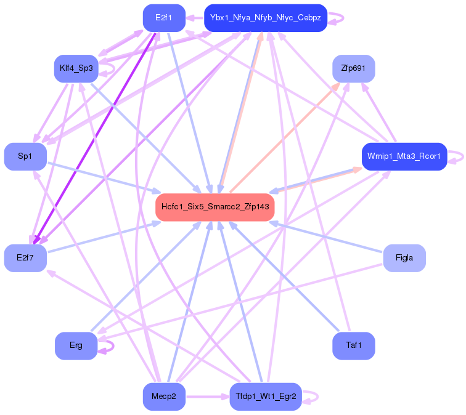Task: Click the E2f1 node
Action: (x=163, y=18)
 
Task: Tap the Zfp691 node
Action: (x=353, y=68)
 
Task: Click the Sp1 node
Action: (x=25, y=156)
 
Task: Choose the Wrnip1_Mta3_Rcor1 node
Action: (x=404, y=156)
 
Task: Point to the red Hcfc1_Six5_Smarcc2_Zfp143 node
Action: (x=215, y=207)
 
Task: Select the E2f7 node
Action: (x=25, y=257)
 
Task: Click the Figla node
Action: (x=404, y=257)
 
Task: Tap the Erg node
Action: (x=76, y=345)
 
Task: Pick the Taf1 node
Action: (x=353, y=345)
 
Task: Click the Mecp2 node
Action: (x=163, y=397)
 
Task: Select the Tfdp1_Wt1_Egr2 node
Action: (x=265, y=397)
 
